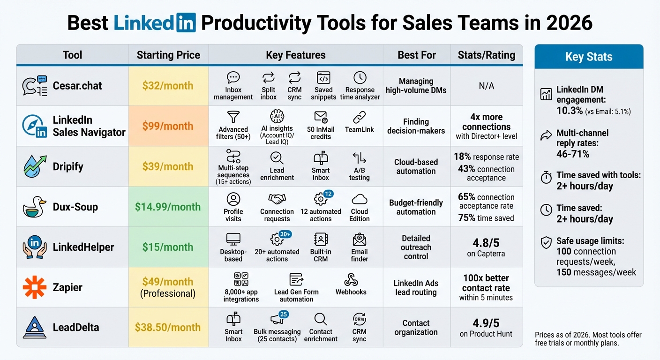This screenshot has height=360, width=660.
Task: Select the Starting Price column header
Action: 168,55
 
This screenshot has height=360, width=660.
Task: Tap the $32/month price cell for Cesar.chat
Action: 168,85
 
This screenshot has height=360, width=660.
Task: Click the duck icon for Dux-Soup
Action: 35,207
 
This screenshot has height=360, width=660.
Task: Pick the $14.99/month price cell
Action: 168,207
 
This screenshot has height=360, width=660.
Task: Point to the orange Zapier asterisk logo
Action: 35,287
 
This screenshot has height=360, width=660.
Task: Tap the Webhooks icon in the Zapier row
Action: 351,280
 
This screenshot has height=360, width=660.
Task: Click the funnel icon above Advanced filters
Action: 233,117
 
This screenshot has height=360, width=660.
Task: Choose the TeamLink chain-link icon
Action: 360,117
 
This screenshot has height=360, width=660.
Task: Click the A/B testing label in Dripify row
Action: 360,174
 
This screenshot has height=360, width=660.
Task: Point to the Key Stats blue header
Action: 589,57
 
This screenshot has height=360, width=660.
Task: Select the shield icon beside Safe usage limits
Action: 546,242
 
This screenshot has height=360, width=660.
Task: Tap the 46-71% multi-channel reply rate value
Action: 573,154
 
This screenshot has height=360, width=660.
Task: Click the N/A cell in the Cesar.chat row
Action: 486,86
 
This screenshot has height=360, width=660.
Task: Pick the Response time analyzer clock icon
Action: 360,78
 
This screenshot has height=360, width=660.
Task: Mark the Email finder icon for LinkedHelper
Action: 360,240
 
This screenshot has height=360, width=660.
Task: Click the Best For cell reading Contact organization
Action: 416,327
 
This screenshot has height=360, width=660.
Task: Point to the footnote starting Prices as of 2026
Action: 588,338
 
